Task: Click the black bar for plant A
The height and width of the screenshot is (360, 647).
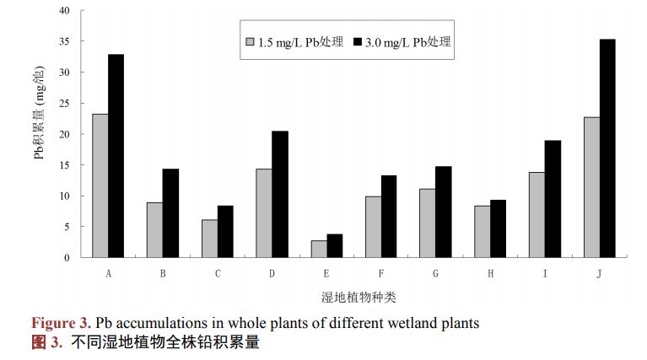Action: [116, 156]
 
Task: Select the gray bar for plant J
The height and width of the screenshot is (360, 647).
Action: [592, 187]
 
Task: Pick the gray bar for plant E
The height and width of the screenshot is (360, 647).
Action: [319, 249]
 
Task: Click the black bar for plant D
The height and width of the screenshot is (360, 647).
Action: [280, 194]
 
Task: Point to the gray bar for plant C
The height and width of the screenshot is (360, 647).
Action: [209, 239]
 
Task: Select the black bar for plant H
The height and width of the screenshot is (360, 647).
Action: [499, 228]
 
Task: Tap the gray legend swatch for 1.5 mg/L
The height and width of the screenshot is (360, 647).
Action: [250, 42]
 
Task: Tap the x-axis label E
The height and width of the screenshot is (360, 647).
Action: [326, 273]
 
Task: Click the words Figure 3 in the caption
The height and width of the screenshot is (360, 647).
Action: [61, 324]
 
